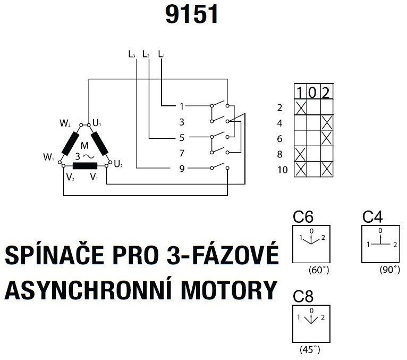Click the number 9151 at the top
pyautogui.click(x=192, y=14)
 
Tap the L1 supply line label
pyautogui.click(x=162, y=54)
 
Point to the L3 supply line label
pyautogui.click(x=132, y=54)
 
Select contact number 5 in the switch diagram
pyautogui.click(x=182, y=137)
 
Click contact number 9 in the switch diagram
pyautogui.click(x=182, y=169)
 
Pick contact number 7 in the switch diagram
pyautogui.click(x=182, y=153)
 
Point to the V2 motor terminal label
pyautogui.click(x=70, y=176)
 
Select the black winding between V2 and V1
pyautogui.click(x=85, y=165)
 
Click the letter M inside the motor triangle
pyautogui.click(x=84, y=146)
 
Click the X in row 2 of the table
pyautogui.click(x=301, y=108)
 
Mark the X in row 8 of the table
pyautogui.click(x=301, y=154)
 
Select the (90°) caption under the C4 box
pyautogui.click(x=390, y=270)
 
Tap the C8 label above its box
pyautogui.click(x=303, y=297)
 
